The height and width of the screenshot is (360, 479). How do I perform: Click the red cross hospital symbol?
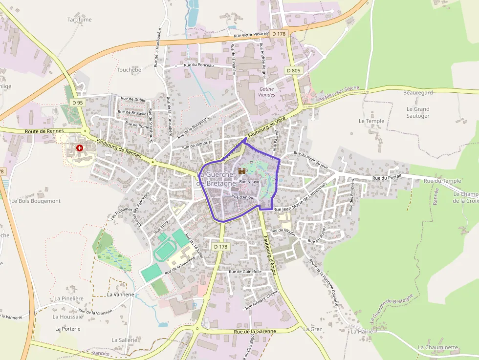tap(79, 148)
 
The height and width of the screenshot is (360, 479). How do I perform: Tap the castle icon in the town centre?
tap(241, 171)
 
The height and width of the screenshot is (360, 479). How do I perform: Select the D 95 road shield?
tap(77, 103)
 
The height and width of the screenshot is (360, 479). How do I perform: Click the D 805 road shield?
tap(294, 70)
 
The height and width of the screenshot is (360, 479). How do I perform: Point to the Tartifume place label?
tap(79, 20)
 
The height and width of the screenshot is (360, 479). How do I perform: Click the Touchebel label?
tap(130, 70)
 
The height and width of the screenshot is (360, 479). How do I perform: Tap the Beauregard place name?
tap(418, 93)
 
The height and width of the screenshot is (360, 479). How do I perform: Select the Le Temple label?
tap(371, 121)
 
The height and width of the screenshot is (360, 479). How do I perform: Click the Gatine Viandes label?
tap(267, 92)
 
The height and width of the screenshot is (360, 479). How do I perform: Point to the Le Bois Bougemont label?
tap(36, 201)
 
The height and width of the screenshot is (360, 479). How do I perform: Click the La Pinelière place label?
tap(69, 298)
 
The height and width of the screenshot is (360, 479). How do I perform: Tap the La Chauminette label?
tap(438, 347)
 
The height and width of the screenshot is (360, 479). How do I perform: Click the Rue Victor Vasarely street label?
tap(251, 35)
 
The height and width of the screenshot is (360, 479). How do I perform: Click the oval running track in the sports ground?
tap(164, 251)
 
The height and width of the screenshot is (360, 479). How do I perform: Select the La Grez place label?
tap(312, 329)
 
